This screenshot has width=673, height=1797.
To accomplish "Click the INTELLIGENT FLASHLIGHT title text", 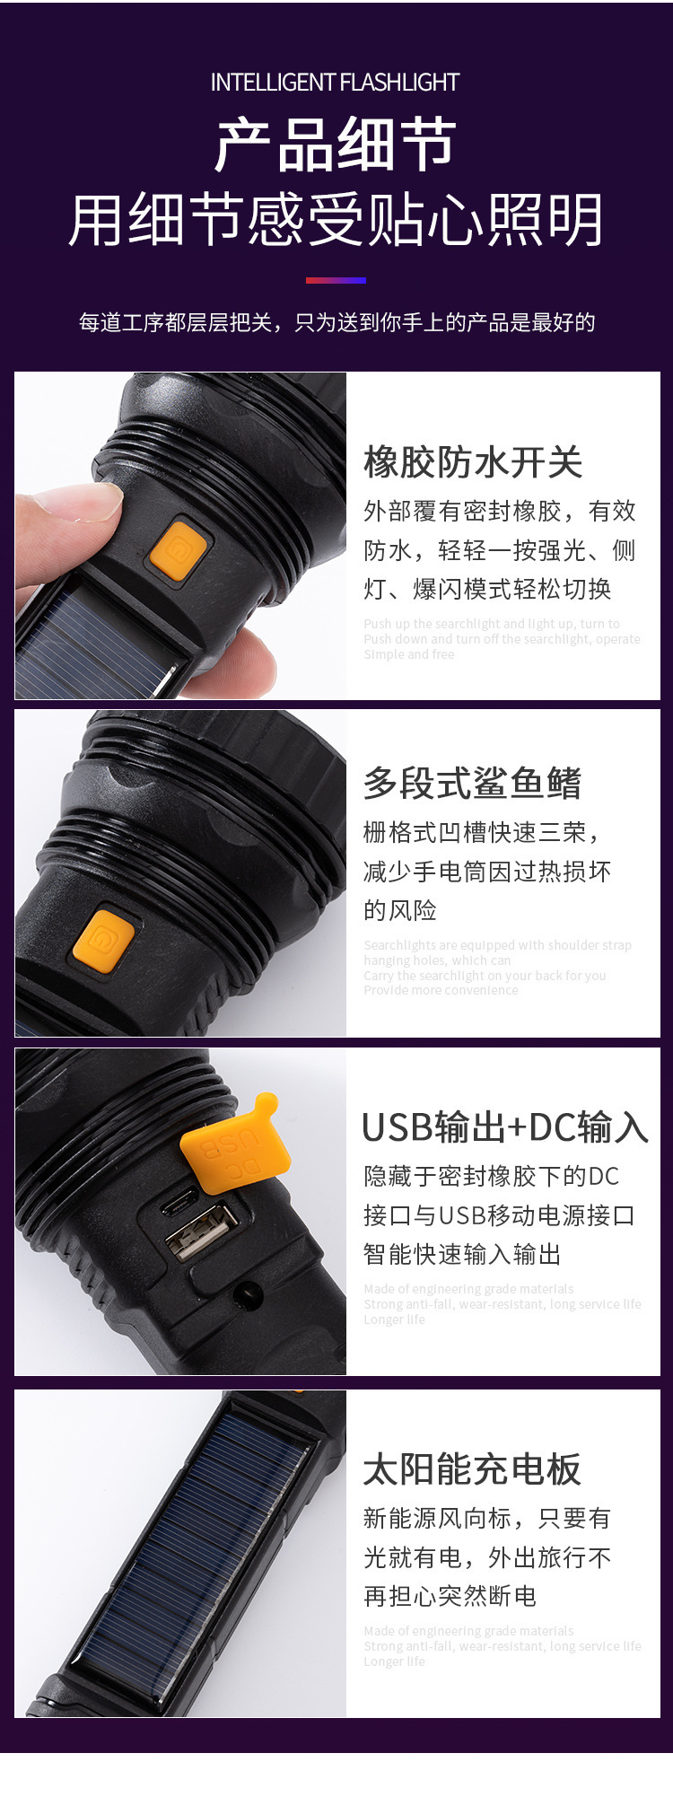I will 335,83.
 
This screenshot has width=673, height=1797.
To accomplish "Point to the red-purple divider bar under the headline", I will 336,280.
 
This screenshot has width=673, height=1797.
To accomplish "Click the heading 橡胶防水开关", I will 473,462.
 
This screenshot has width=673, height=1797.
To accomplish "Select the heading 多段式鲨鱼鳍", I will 473,783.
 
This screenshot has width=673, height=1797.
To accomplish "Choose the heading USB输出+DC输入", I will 504,1127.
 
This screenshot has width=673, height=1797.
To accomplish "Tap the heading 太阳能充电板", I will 473,1469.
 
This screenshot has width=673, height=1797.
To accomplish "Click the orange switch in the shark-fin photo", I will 103,938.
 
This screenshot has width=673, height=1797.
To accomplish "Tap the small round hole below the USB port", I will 247,1293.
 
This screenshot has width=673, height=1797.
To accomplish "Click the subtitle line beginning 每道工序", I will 336,323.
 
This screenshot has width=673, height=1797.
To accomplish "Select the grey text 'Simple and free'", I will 409,654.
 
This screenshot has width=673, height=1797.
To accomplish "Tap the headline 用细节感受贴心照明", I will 336,220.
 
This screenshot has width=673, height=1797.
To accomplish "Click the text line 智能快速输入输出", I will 462,1254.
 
